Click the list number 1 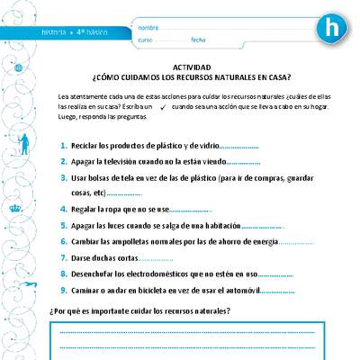62,145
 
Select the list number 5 62,225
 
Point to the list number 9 62,291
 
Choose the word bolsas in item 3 100,179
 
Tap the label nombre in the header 149,28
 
